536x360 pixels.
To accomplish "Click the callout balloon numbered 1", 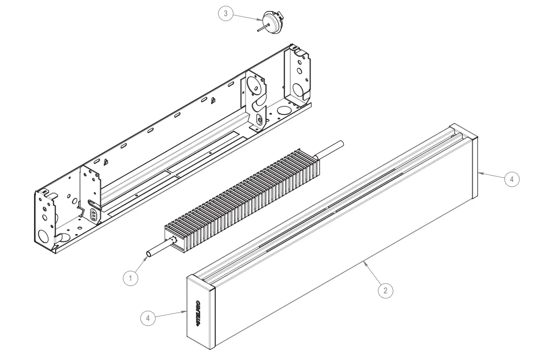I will (131, 278).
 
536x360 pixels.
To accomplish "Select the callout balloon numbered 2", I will (386, 290).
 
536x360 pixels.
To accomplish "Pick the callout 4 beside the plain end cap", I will (512, 179).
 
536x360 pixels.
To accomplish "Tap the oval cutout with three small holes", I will (93, 215).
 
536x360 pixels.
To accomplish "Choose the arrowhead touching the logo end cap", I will (186, 311).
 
